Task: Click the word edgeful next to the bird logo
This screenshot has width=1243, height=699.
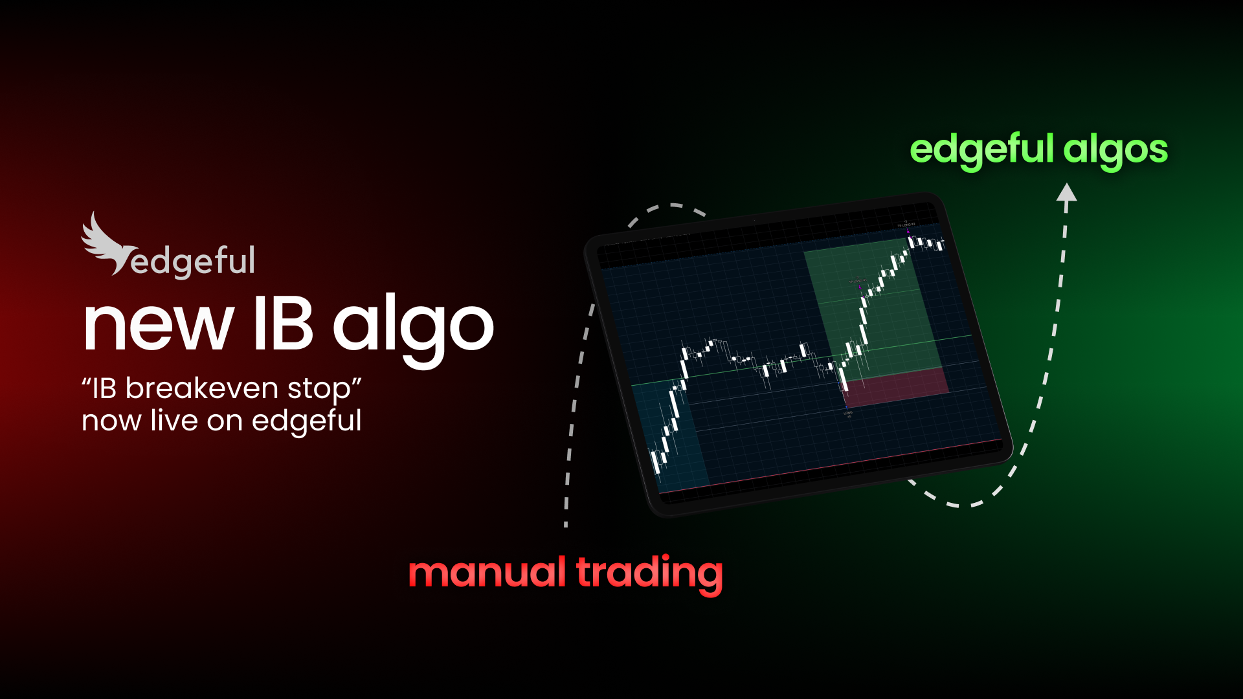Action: click(x=193, y=262)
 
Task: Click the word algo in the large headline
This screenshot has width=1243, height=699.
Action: click(x=413, y=327)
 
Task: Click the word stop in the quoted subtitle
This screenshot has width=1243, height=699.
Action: click(x=318, y=390)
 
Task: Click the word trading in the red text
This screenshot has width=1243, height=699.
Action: click(x=649, y=573)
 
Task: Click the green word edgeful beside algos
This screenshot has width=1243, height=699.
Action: click(x=981, y=150)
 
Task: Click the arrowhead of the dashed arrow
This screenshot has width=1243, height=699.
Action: click(x=1066, y=193)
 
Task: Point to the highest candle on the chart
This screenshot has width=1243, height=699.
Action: click(x=910, y=241)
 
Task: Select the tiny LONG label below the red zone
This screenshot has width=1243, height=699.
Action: click(x=847, y=413)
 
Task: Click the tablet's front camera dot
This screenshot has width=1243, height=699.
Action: click(x=754, y=220)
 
